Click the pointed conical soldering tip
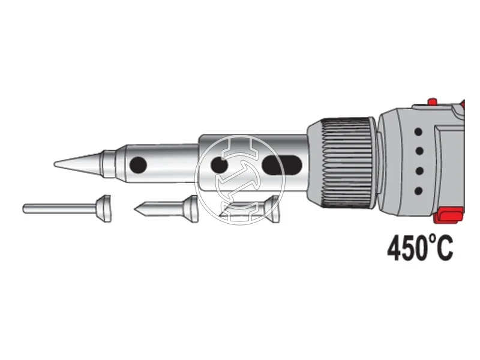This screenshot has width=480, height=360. coord(78,164)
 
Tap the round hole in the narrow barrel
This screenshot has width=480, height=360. coord(138,164)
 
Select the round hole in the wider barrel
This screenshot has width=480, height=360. coord(219,166)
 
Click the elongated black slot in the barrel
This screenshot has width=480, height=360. coord(282,165)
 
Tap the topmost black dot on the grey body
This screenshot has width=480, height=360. coord(418,132)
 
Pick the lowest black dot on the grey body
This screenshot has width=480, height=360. coord(418,191)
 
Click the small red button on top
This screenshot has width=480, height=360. coord(432,101)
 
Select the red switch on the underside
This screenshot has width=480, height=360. coord(448,215)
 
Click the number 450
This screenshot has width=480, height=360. coord(407,248)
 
